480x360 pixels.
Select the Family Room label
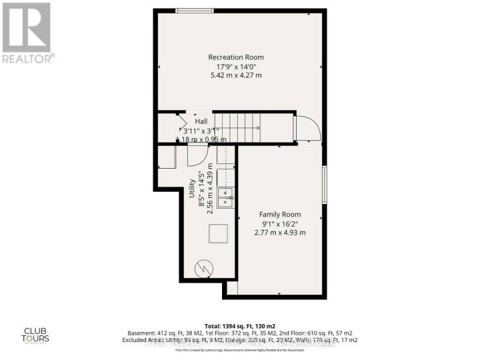pos(280,214)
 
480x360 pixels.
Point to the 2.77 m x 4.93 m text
pos(280,232)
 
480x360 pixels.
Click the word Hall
pos(201,121)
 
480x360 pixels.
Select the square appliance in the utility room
pos(218,234)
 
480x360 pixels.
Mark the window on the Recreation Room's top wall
pos(195,10)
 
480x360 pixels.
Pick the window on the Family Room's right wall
pos(325,184)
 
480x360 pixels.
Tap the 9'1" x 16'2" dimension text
pos(280,223)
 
